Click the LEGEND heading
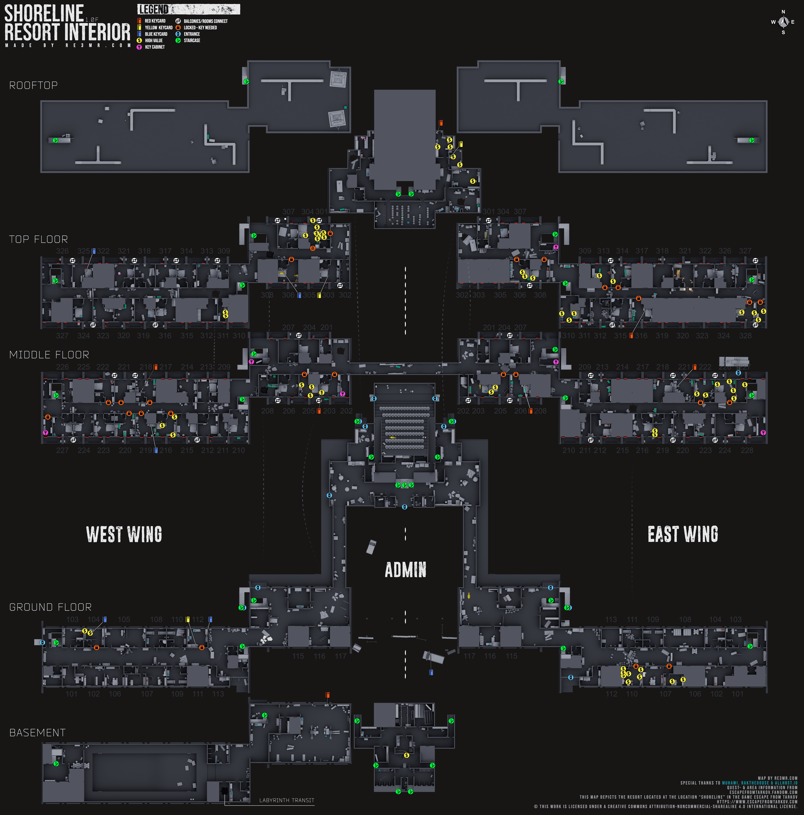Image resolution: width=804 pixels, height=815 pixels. pyautogui.click(x=153, y=9)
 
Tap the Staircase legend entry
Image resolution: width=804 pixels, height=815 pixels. pyautogui.click(x=192, y=41)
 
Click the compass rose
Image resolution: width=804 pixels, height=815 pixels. pyautogui.click(x=783, y=22)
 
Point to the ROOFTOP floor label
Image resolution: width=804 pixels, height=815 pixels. pyautogui.click(x=33, y=85)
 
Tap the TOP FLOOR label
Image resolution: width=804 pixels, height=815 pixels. pyautogui.click(x=38, y=239)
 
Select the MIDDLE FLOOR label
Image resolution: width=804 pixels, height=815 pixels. pyautogui.click(x=49, y=355)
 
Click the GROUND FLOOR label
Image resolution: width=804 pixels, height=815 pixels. pyautogui.click(x=50, y=607)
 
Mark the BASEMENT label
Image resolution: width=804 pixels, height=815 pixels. pyautogui.click(x=37, y=733)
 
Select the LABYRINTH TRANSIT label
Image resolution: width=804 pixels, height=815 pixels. pyautogui.click(x=287, y=800)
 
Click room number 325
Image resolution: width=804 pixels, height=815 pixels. pyautogui.click(x=83, y=251)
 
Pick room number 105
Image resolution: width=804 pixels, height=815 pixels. pyautogui.click(x=124, y=619)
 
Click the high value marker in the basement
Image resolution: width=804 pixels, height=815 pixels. pyautogui.click(x=406, y=755)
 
